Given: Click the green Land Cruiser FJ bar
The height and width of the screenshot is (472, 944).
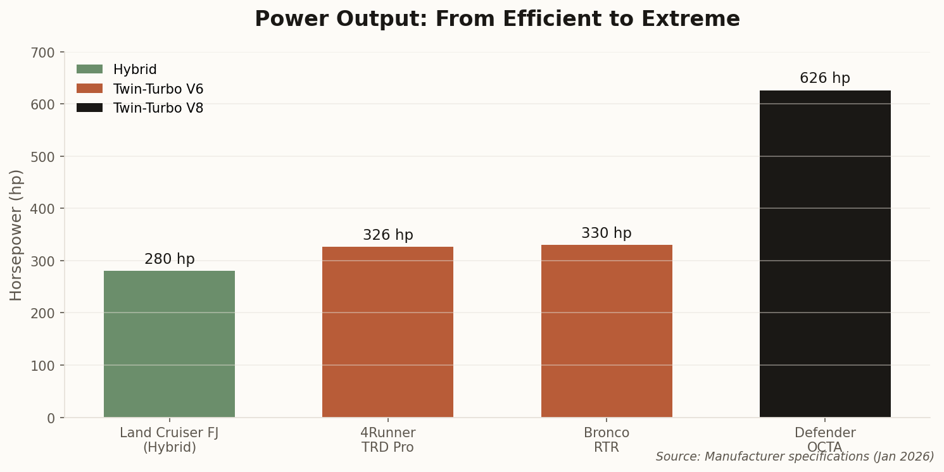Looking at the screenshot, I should coord(169,344).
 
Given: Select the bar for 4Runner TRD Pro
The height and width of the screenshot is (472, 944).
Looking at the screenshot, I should coord(387,332).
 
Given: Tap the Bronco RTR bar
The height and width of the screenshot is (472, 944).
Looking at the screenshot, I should coord(607,331).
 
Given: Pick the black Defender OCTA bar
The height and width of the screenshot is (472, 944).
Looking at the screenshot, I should coord(825,254).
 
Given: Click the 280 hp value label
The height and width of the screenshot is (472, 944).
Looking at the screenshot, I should coord(169,259).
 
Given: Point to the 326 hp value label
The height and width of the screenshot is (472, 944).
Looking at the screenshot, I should coord(387,235).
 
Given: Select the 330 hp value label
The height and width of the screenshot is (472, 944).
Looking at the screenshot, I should coord(607,233).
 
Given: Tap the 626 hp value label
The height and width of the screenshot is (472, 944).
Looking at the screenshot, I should coord(825,78).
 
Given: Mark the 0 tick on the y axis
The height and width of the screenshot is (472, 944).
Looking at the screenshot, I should coord(51,418).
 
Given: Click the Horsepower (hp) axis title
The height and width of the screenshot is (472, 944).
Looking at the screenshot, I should coord(16,235).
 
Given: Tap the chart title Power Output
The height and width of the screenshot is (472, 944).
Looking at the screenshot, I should coord(497,20).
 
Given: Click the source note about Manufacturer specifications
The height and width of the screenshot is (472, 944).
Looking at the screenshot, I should coord(795,457).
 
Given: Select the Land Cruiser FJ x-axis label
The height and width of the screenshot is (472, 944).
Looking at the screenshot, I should coord(169,440).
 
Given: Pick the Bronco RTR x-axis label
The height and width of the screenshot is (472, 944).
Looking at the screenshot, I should coord(607,440).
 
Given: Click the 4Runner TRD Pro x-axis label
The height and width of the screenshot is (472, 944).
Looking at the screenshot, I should coord(387,440).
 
